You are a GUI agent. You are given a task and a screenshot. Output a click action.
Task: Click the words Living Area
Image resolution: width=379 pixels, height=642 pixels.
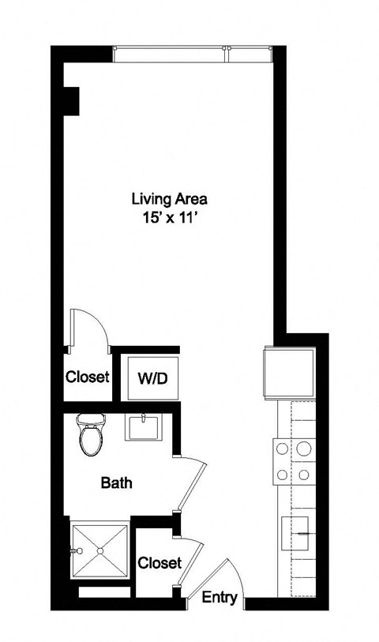tap(163, 198)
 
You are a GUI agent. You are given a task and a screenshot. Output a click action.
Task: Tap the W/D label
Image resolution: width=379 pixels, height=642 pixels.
tap(152, 378)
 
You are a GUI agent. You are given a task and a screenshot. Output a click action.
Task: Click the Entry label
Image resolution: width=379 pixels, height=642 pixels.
tap(220, 598)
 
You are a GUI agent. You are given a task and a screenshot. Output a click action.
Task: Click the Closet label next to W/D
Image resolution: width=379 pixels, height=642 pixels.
tap(87, 377)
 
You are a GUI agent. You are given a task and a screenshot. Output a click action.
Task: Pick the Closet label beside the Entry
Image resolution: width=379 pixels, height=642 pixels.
tap(159, 563)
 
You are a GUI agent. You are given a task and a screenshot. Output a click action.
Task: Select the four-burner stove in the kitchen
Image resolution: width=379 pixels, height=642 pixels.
tap(291, 462)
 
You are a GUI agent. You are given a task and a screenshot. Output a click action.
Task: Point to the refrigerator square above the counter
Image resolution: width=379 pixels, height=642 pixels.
tap(285, 372)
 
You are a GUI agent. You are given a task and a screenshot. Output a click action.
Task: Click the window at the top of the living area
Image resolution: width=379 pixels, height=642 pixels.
tap(193, 54)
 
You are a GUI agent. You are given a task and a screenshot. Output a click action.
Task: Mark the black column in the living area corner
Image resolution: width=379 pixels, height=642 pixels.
tap(72, 99)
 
